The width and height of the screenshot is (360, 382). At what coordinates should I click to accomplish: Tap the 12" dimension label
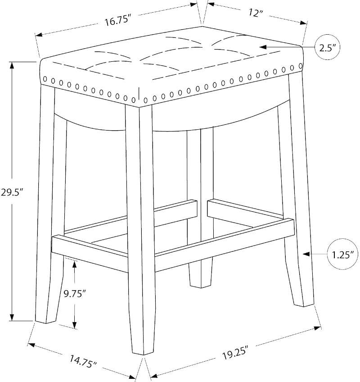pyautogui.click(x=255, y=13)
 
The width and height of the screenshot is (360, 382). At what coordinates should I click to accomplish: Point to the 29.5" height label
pyautogui.click(x=12, y=192)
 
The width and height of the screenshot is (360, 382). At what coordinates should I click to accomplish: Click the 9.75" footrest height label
pyautogui.click(x=75, y=294)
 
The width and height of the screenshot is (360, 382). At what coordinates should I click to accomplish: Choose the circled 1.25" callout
pyautogui.click(x=343, y=255)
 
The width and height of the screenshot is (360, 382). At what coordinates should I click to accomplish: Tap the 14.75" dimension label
pyautogui.click(x=83, y=361)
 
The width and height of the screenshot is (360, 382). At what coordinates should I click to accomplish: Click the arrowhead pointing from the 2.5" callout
pyautogui.click(x=263, y=47)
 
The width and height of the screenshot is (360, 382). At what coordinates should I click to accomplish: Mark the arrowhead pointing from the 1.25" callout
pyautogui.click(x=306, y=254)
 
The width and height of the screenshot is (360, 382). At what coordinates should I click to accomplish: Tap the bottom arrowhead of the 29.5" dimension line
pyautogui.click(x=11, y=317)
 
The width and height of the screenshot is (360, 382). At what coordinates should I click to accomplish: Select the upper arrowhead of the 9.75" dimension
pyautogui.click(x=75, y=264)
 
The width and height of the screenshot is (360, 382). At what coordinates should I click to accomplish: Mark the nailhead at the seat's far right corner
pyautogui.click(x=300, y=66)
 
